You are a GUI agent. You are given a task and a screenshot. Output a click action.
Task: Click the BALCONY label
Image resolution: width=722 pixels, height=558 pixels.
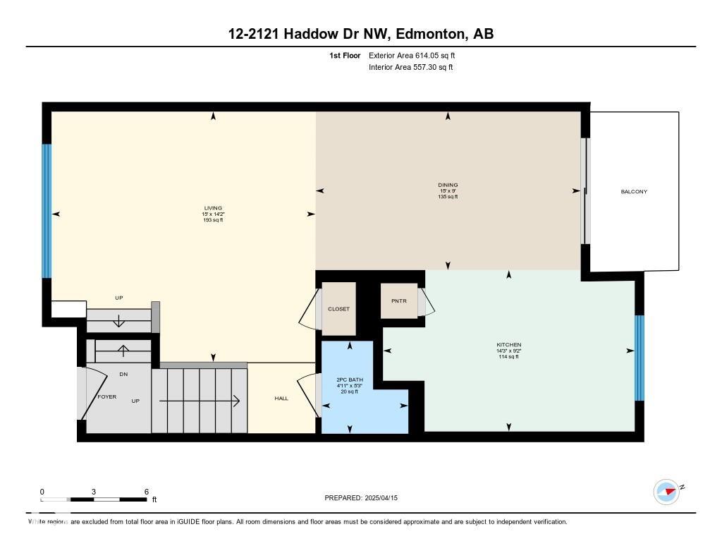click(x=634, y=192)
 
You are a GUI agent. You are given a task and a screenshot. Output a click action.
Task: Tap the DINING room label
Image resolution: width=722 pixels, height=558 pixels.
click(x=448, y=186)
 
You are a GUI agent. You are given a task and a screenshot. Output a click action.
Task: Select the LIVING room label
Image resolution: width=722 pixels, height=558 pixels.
click(x=213, y=208)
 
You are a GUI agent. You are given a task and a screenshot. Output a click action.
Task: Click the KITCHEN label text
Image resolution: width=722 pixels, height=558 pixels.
click(x=509, y=345)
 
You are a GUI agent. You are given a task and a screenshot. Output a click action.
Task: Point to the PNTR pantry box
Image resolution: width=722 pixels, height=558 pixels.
click(x=399, y=301)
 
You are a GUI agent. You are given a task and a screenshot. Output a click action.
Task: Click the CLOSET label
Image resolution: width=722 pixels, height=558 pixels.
click(x=338, y=309)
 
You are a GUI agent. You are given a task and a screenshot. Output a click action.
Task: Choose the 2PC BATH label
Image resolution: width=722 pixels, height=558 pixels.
click(x=350, y=380)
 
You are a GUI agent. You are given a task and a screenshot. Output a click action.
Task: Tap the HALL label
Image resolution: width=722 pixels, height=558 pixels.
click(x=281, y=399)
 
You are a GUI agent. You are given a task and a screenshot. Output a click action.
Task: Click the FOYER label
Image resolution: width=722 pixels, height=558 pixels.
click(x=107, y=396)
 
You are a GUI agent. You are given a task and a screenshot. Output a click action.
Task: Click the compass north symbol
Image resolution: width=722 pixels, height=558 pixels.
click(x=666, y=492)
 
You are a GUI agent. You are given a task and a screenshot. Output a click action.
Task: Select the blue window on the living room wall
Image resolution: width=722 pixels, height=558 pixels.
click(x=47, y=211)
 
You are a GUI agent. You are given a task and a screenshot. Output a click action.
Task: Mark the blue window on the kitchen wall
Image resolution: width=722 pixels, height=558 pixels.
click(x=639, y=358)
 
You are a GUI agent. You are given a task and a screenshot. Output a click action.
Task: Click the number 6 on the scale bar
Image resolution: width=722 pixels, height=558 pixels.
click(x=147, y=492)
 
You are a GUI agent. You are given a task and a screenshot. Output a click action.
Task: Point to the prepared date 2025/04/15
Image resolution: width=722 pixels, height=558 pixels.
click(x=381, y=498)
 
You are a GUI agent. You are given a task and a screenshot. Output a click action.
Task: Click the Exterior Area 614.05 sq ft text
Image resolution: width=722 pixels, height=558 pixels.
click(x=412, y=56)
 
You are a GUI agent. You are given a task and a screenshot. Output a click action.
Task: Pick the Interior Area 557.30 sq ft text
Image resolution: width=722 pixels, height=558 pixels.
click(x=411, y=67)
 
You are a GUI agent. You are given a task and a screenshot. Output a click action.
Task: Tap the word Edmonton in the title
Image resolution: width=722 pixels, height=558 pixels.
click(x=429, y=34)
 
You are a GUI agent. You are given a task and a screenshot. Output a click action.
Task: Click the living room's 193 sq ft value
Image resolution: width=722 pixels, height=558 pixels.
click(x=213, y=220)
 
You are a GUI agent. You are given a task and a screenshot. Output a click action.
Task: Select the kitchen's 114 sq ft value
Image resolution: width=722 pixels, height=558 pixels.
click(x=509, y=357)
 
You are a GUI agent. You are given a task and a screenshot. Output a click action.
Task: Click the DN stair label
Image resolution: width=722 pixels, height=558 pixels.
click(x=123, y=375)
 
